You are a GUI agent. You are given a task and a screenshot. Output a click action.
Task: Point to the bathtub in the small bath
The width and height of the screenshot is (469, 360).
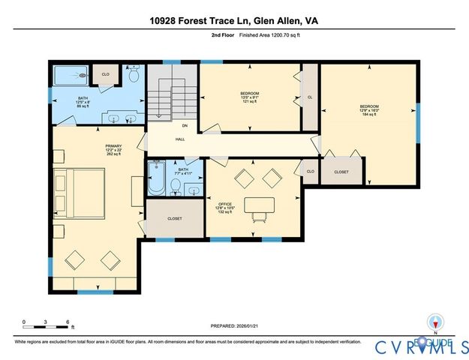coord(158,178)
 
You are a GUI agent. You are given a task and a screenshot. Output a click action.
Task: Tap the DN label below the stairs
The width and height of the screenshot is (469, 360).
coord(185,126)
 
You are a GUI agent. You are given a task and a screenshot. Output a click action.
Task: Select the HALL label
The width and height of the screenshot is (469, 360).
coord(180,139)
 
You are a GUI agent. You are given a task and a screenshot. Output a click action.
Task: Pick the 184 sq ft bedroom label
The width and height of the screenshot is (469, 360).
coord(368,110)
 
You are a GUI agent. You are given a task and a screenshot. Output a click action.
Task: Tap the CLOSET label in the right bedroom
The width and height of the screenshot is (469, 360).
coord(341,172)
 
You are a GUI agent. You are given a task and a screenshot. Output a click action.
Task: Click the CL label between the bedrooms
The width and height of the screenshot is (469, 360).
coord(309,97)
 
